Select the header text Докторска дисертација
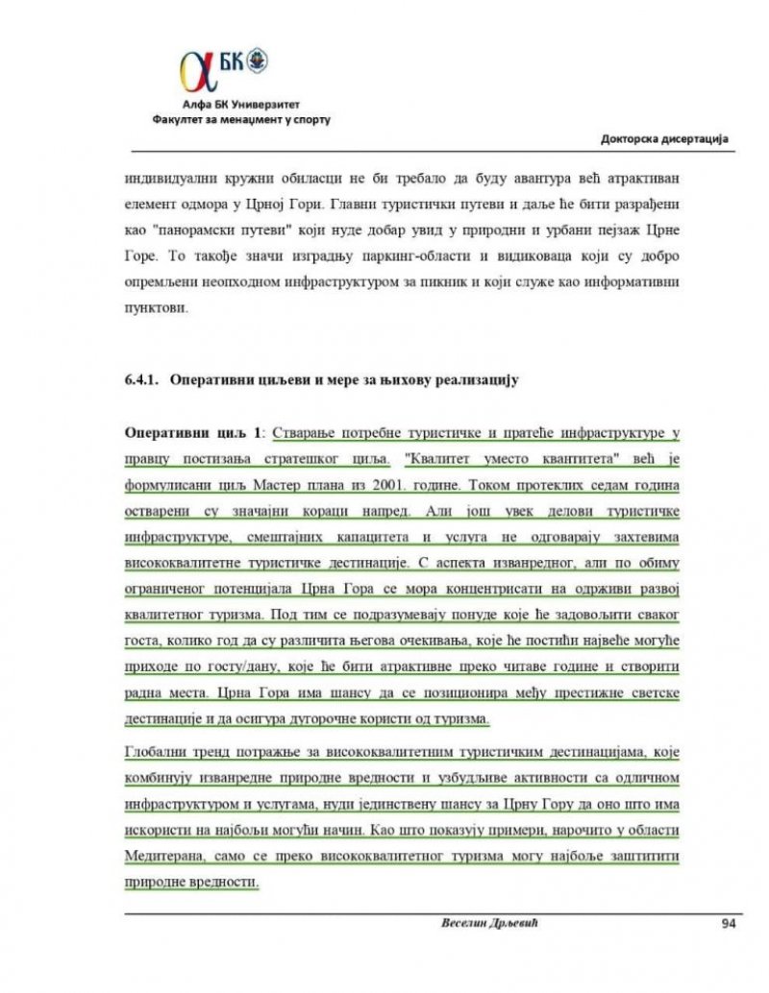[663, 139]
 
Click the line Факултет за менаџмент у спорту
[240, 121]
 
